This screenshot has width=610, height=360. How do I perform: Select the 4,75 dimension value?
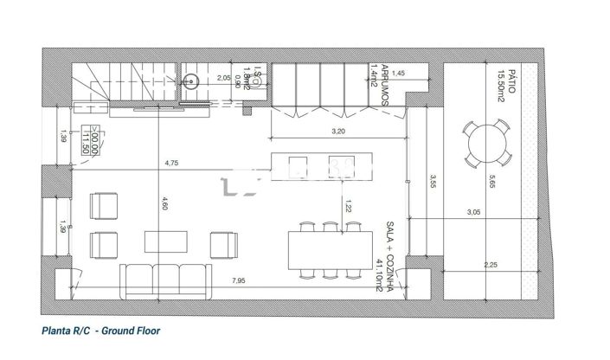click(x=170, y=163)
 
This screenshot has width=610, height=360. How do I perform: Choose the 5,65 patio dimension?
click(x=491, y=182)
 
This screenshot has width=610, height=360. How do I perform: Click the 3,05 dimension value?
click(x=473, y=212)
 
